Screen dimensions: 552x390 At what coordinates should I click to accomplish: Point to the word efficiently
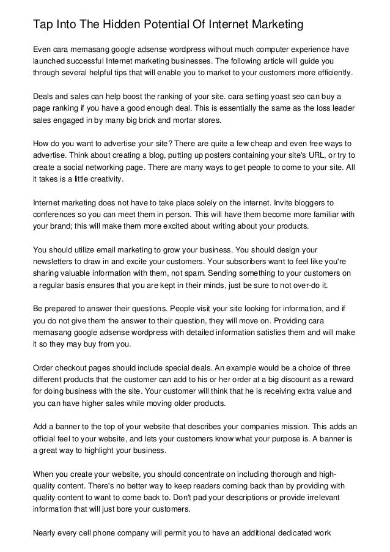[331, 75]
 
